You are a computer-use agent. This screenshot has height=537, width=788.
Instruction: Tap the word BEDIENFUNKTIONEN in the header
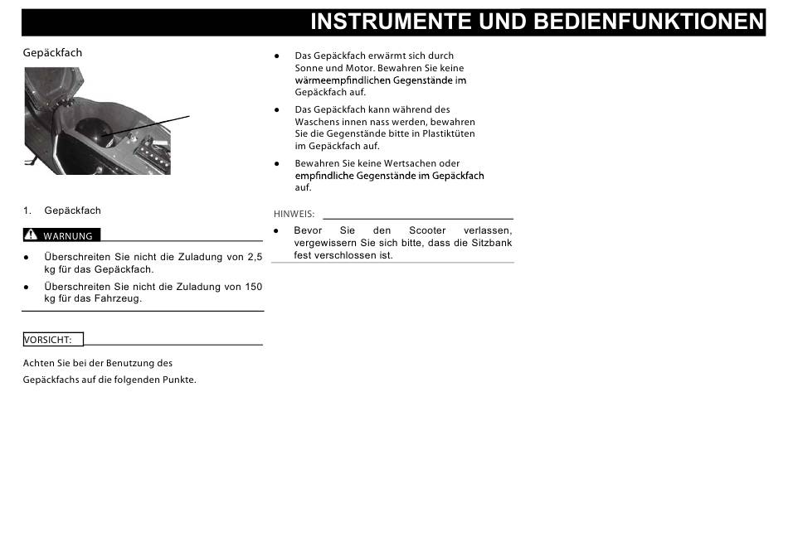click(x=648, y=22)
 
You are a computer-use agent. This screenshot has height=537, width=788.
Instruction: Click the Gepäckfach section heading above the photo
click(x=52, y=53)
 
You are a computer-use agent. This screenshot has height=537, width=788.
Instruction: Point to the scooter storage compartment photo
click(x=97, y=121)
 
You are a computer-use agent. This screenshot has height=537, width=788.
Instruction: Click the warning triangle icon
click(x=32, y=235)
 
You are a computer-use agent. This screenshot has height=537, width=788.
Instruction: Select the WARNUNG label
click(x=68, y=236)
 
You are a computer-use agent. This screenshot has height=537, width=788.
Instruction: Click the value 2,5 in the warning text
click(x=255, y=258)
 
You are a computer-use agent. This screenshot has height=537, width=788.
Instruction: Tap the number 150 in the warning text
click(x=252, y=287)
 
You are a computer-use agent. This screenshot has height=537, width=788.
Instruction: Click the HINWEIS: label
click(x=294, y=214)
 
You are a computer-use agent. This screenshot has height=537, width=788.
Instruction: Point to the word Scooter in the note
click(x=427, y=230)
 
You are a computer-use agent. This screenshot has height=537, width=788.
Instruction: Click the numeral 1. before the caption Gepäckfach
click(x=27, y=210)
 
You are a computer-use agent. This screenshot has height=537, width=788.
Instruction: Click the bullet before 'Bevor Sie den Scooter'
click(x=277, y=230)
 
